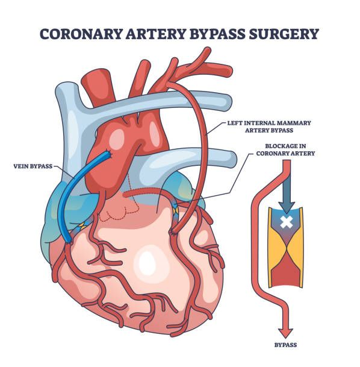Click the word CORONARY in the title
(81, 34)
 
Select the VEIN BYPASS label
(33, 166)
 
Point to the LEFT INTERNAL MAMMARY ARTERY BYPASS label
(269, 127)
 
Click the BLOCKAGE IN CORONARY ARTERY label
(285, 149)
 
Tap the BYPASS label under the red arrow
(285, 345)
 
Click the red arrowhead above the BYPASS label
(285, 333)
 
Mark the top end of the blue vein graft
(108, 154)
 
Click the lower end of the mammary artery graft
(173, 231)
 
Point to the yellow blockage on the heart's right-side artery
(176, 209)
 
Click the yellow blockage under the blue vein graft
(82, 226)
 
